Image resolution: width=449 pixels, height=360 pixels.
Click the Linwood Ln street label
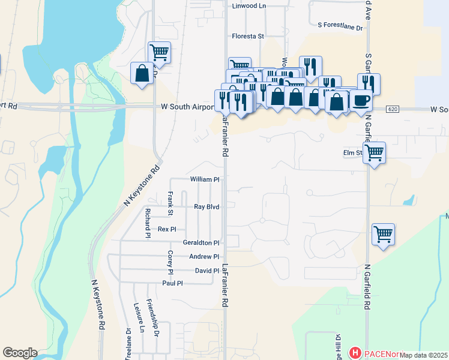249,5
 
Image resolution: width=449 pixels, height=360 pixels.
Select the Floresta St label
249,36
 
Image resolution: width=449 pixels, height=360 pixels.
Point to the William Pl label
205,179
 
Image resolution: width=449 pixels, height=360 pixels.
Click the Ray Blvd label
206,207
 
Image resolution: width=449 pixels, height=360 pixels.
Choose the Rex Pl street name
167,229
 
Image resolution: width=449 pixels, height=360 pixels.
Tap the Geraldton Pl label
201,243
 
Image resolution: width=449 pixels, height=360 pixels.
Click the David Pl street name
207,271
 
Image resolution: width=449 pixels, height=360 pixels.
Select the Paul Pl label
172,283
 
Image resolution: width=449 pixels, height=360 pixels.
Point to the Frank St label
170,203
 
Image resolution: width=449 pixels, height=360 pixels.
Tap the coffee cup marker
361,100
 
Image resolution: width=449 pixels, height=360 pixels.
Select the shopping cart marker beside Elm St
375,152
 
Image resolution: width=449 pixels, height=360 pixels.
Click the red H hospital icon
355,353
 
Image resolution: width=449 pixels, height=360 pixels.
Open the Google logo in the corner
20,353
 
